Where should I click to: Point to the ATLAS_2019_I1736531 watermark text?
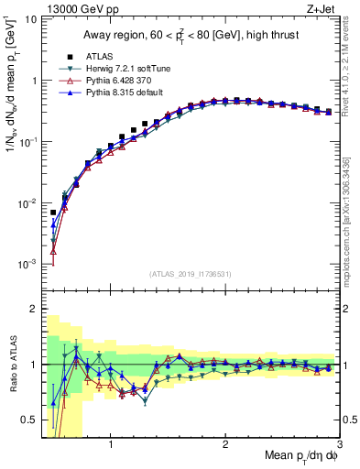(x=190, y=274)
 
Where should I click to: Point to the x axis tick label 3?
(x=338, y=446)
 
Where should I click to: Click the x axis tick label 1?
(x=111, y=446)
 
